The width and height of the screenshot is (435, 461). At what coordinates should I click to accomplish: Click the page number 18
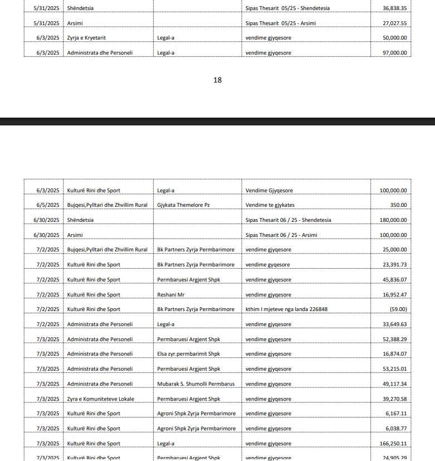[217, 80]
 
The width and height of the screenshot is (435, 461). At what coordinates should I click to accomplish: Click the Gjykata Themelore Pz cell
[183, 205]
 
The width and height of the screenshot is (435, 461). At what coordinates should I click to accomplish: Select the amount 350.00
[398, 205]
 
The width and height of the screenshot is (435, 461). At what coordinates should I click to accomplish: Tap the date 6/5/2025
[48, 205]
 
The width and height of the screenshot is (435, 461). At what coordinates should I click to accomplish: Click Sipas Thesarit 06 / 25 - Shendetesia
[288, 220]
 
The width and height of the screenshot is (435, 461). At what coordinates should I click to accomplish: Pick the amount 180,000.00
[393, 220]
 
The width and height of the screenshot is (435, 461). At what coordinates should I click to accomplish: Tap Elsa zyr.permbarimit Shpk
[188, 354]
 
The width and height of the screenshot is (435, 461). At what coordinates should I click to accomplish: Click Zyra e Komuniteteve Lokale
[100, 399]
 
